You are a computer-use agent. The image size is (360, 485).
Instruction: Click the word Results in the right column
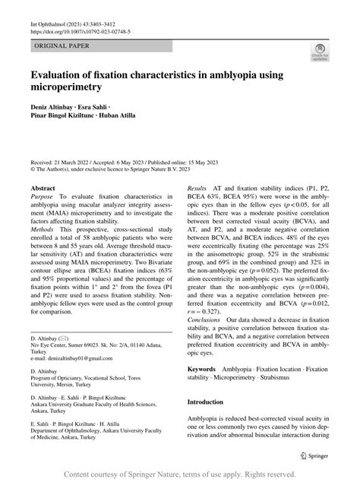point(197,186)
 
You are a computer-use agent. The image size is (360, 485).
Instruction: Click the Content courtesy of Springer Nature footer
point(180,474)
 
